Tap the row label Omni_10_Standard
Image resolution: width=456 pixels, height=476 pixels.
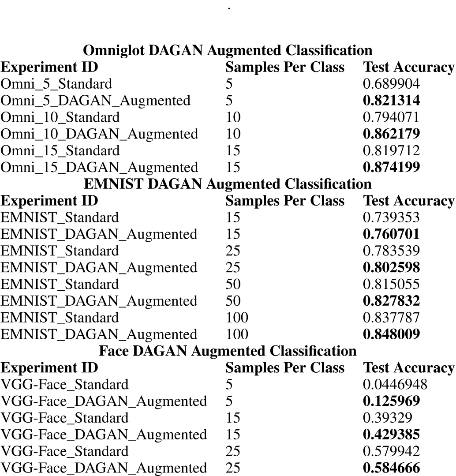[60, 117]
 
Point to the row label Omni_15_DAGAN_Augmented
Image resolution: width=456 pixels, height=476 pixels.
[99, 168]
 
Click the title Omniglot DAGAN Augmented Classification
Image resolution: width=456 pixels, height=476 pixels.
[228, 50]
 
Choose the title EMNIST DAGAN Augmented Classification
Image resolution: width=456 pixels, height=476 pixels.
[228, 184]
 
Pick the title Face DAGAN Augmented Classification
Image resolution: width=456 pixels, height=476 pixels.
[228, 351]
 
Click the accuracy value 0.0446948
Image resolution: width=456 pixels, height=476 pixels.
[395, 385]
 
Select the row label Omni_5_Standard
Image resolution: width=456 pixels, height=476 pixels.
[56, 84]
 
